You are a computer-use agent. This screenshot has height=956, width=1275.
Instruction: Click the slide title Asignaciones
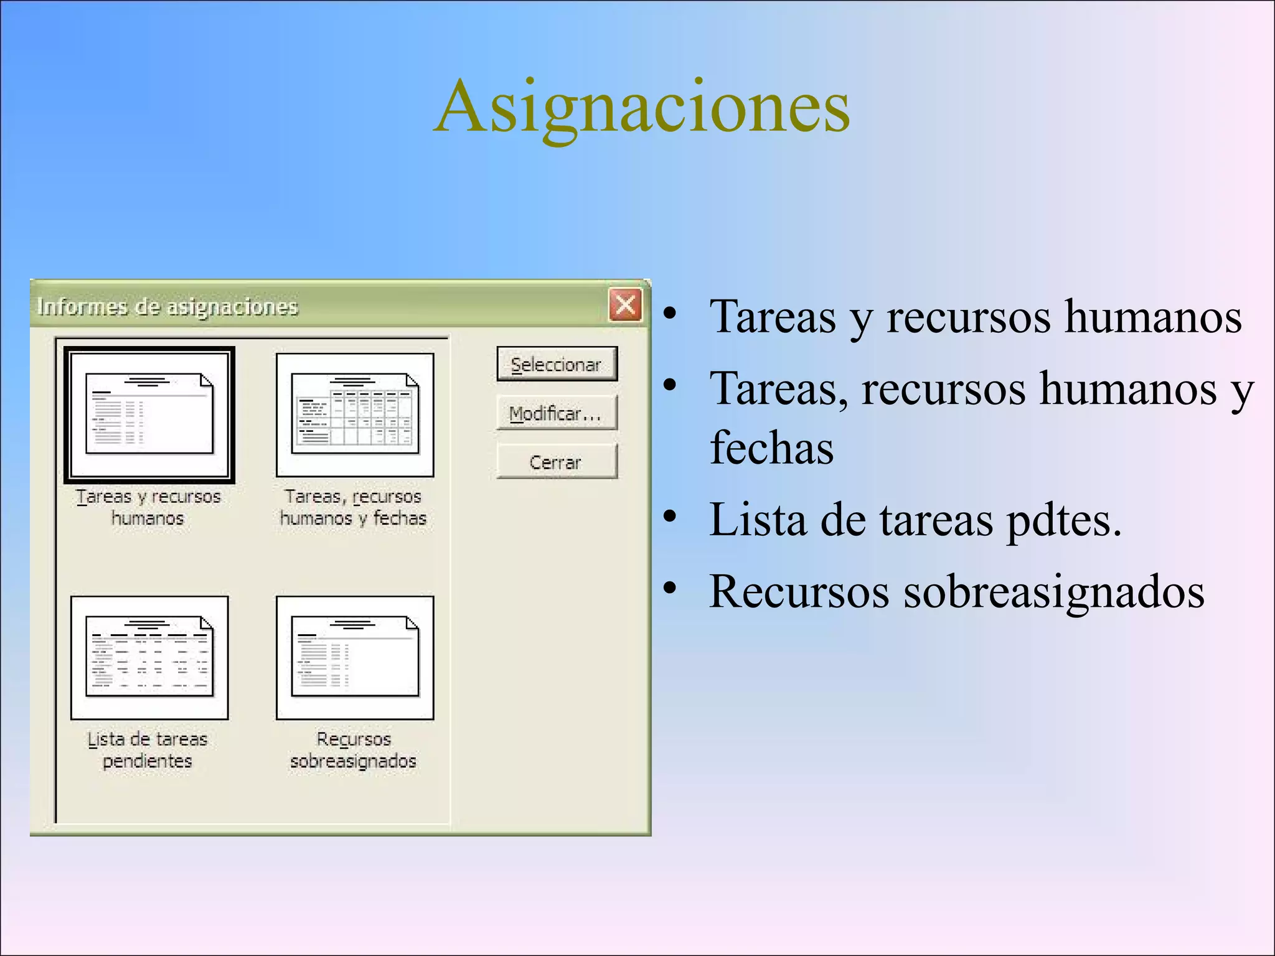click(x=642, y=107)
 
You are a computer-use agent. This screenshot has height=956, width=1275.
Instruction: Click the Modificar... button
click(x=557, y=413)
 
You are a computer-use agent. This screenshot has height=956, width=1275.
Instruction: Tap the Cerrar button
click(x=557, y=462)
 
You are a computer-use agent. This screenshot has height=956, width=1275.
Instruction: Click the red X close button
click(x=625, y=305)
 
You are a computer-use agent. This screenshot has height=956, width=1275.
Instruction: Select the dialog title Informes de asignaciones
click(x=167, y=307)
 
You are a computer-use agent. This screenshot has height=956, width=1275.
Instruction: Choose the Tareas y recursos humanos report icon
click(x=149, y=415)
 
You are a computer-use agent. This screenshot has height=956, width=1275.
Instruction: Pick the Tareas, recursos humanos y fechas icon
click(x=355, y=415)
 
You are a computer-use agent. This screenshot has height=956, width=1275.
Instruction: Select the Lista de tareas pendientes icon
click(x=149, y=657)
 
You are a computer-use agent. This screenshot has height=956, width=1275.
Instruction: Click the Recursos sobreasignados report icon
click(x=355, y=657)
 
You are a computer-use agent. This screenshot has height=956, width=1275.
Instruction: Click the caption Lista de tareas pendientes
click(x=148, y=750)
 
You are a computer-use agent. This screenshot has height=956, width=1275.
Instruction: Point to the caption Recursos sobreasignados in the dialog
click(x=354, y=750)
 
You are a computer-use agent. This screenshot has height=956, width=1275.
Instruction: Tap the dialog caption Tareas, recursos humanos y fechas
click(x=353, y=507)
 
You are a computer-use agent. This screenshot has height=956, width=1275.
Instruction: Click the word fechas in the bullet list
click(x=771, y=448)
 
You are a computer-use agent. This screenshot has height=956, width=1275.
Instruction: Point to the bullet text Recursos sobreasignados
click(x=956, y=591)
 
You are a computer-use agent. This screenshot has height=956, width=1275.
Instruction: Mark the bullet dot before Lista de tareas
click(x=670, y=516)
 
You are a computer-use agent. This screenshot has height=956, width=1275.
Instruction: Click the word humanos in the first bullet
click(x=1153, y=317)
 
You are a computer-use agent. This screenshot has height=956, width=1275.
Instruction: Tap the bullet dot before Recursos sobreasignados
click(x=670, y=588)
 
